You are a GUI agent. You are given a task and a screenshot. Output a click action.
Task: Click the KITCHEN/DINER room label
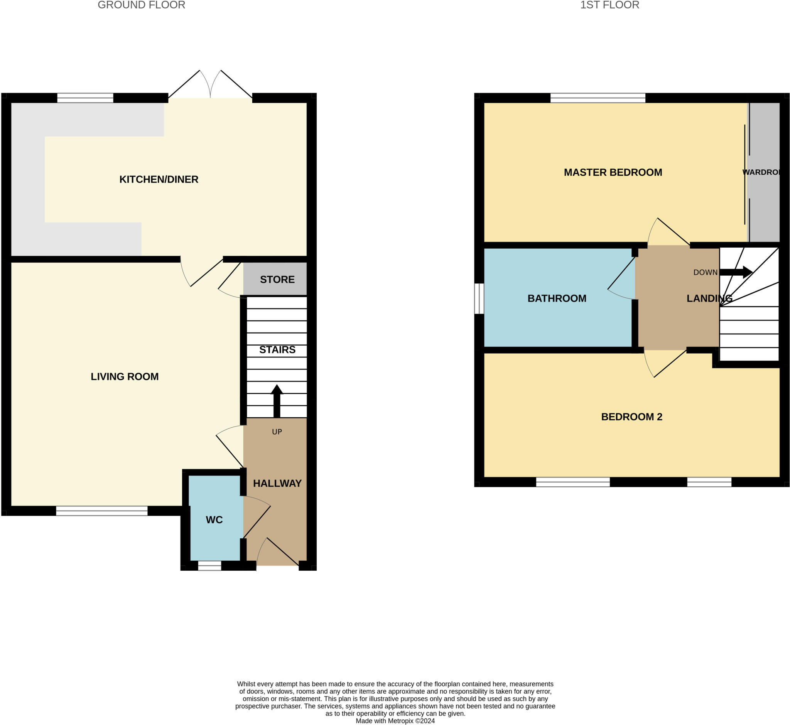click(x=159, y=179)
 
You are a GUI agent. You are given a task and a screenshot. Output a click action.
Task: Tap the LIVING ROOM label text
click(x=125, y=377)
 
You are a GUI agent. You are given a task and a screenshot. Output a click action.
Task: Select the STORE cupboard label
click(x=277, y=279)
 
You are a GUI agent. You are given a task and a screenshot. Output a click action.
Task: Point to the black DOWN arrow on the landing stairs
click(x=736, y=272)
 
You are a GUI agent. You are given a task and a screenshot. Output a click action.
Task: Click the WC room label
click(x=214, y=520)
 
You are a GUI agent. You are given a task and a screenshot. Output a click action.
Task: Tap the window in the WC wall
click(x=209, y=565)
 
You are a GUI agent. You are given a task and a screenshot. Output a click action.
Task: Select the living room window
click(x=102, y=511)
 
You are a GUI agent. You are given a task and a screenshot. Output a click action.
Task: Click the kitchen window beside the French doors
click(x=85, y=98)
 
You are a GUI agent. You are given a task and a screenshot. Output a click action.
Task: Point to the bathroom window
click(x=479, y=298)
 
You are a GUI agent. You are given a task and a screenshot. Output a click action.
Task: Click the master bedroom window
click(x=598, y=98)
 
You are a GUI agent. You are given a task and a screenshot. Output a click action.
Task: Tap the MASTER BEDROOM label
click(x=613, y=172)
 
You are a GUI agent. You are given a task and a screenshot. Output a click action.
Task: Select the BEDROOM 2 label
click(x=631, y=416)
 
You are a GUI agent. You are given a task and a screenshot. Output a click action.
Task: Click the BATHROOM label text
click(x=557, y=298)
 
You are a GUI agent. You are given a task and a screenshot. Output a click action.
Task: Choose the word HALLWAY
click(x=277, y=483)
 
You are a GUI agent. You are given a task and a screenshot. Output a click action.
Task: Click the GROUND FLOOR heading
click(x=141, y=5)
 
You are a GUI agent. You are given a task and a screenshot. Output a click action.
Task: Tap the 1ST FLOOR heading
click(x=609, y=5)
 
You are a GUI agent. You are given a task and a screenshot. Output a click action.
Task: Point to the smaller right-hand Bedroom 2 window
click(x=709, y=482)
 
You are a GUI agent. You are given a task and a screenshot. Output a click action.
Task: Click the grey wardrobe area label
click(x=761, y=172)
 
